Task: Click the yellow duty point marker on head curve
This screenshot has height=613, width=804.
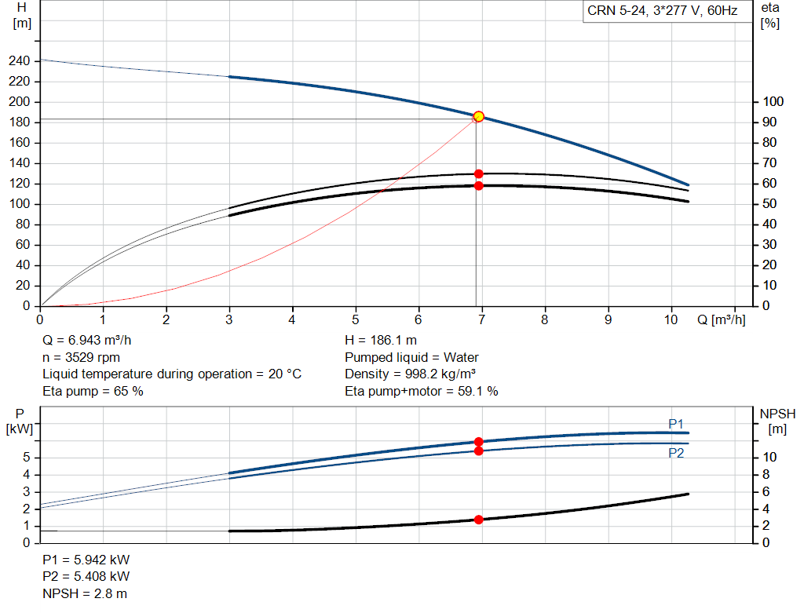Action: click(478, 116)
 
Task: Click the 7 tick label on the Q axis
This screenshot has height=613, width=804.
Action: click(481, 319)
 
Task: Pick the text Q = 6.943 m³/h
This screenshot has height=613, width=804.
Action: click(93, 341)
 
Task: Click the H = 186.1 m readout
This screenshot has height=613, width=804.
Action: click(381, 341)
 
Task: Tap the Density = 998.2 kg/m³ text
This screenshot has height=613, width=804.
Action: click(411, 374)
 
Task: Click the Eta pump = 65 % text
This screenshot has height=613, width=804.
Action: click(93, 390)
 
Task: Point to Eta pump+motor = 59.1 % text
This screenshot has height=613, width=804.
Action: click(422, 390)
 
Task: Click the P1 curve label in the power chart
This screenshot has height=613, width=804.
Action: click(676, 424)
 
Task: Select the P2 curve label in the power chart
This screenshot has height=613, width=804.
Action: click(676, 453)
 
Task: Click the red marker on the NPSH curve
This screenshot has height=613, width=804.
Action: click(478, 520)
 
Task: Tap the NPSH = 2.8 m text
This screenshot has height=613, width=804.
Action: click(85, 593)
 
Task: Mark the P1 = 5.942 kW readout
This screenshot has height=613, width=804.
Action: click(86, 560)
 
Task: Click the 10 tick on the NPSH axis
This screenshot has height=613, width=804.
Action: click(769, 458)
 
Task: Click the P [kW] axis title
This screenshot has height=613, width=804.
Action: click(20, 421)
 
